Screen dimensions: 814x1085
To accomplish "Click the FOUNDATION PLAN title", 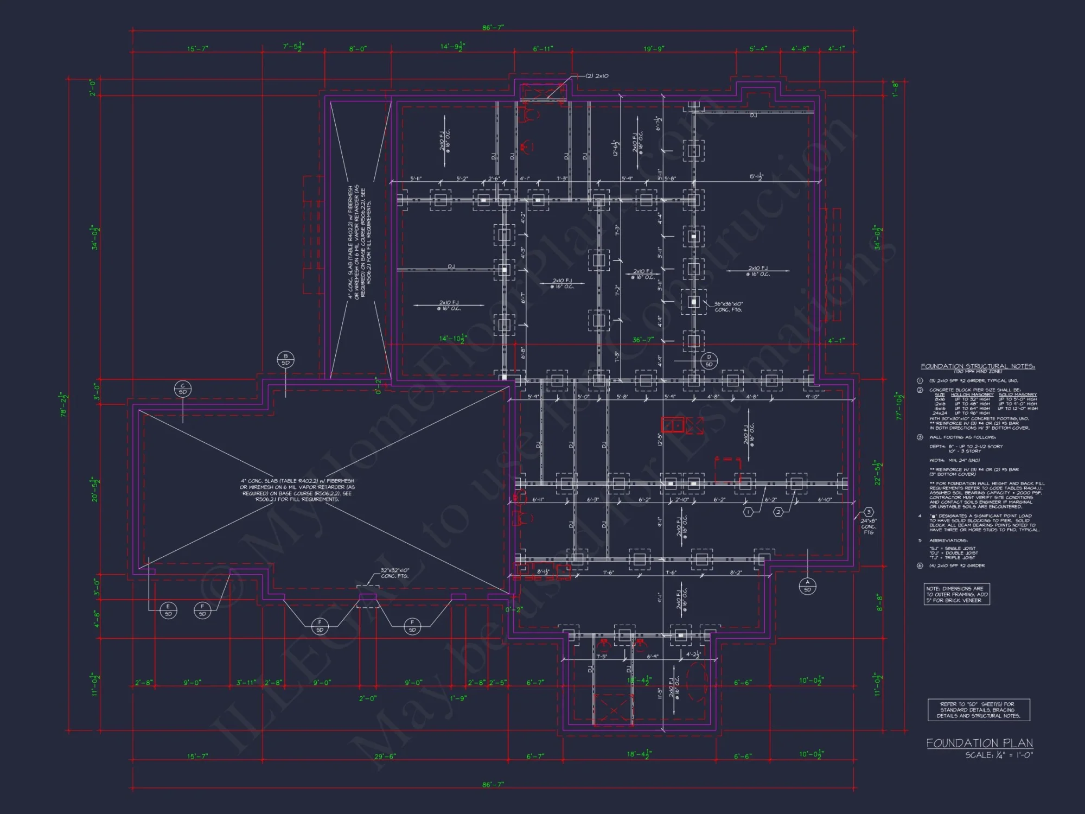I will tap(979, 743).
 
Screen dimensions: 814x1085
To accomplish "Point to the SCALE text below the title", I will tap(999, 755).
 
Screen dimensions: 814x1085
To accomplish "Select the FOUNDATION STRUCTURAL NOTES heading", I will tap(978, 366).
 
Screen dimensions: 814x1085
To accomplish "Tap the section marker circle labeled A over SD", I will tap(807, 586).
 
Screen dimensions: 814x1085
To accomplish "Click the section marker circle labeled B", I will tap(285, 359).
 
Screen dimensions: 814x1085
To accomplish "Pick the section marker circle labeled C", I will tap(183, 389).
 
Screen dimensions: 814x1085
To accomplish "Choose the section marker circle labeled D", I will tap(709, 360).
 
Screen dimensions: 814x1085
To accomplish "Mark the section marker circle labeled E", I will tap(168, 610).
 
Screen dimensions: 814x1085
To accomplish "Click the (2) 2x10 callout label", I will tap(597, 76).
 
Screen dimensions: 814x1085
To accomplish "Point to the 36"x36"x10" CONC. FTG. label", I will tap(728, 307).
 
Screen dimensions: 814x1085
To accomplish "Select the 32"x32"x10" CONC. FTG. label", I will tap(395, 573).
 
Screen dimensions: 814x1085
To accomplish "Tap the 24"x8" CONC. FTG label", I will tap(869, 526).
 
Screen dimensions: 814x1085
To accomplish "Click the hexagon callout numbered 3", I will tap(869, 512).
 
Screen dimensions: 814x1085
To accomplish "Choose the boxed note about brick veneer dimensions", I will tap(957, 594).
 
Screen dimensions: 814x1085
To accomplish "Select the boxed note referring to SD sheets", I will tap(979, 710).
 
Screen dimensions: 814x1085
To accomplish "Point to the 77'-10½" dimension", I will tap(900, 406).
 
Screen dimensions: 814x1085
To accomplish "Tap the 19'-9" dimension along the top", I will tap(654, 49).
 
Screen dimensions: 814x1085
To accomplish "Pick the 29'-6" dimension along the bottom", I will tap(385, 756).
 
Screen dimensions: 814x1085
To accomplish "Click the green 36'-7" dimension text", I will tap(643, 340).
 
